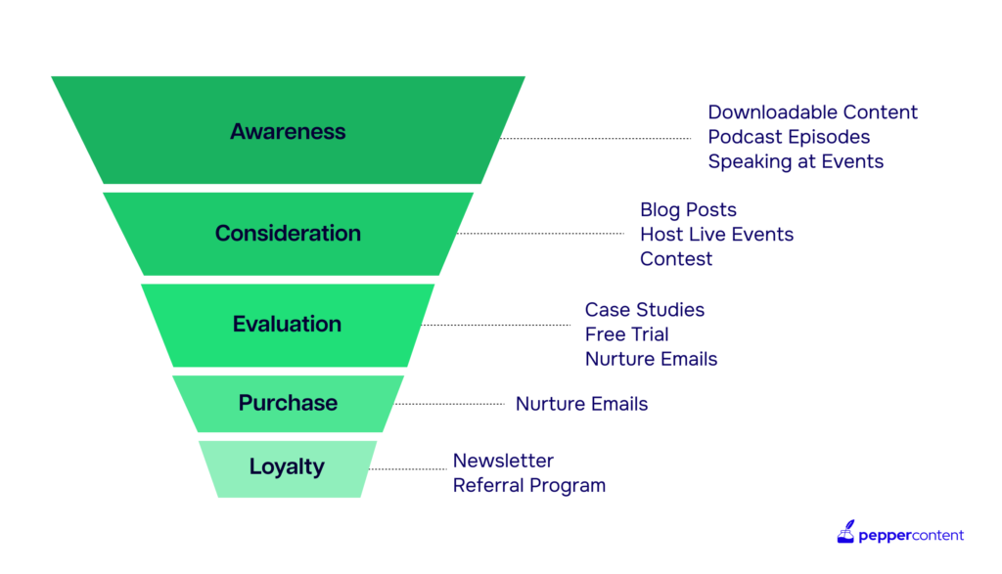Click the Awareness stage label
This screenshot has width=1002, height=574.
(x=288, y=132)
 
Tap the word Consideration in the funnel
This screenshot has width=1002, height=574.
(x=288, y=233)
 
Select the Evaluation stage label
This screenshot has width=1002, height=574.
(x=287, y=324)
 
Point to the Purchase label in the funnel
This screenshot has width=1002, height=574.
(x=288, y=403)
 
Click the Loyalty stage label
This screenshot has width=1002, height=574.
(x=287, y=466)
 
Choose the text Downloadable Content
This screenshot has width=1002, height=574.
(x=812, y=112)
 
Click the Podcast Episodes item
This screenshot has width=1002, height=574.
(x=789, y=137)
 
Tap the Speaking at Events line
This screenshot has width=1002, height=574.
(x=796, y=161)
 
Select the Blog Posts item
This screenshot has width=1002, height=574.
(x=688, y=209)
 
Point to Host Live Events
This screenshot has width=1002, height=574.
(x=717, y=235)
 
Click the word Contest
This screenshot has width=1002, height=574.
(x=676, y=259)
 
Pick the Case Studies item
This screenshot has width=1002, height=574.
(x=645, y=310)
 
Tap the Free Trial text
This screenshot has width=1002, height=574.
(x=627, y=334)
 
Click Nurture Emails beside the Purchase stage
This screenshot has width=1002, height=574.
(x=581, y=404)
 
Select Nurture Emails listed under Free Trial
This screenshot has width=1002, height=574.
(x=651, y=360)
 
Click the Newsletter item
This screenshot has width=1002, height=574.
(x=504, y=461)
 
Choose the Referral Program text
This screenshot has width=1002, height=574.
(x=529, y=486)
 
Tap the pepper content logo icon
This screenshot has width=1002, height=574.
(x=845, y=532)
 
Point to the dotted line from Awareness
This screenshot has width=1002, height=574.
(x=596, y=138)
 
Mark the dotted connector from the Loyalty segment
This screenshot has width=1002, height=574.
(x=408, y=468)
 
